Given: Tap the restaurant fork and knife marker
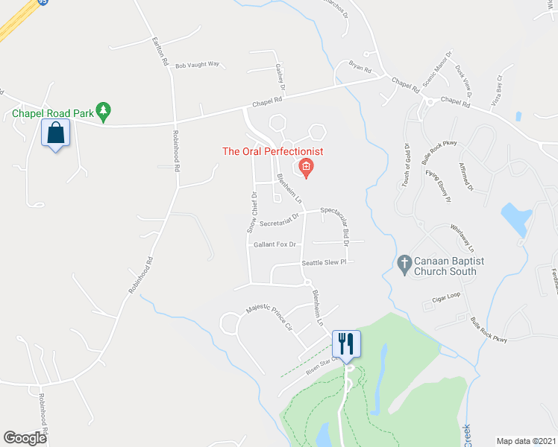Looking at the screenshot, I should click(x=346, y=343).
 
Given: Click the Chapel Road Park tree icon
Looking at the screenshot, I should click(x=104, y=111).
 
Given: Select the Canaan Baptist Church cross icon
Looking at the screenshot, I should click(x=404, y=262).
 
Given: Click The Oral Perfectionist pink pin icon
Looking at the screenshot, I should click(x=306, y=167).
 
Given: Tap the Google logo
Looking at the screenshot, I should click(x=25, y=438).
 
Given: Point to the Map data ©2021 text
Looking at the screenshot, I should click(x=525, y=440).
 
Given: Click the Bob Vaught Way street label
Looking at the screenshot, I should click(x=197, y=65).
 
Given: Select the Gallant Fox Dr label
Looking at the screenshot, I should click(x=275, y=244).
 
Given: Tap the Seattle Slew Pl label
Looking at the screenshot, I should click(x=325, y=263).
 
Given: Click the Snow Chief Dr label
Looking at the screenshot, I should click(x=253, y=212).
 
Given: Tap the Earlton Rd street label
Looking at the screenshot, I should click(x=160, y=51).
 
